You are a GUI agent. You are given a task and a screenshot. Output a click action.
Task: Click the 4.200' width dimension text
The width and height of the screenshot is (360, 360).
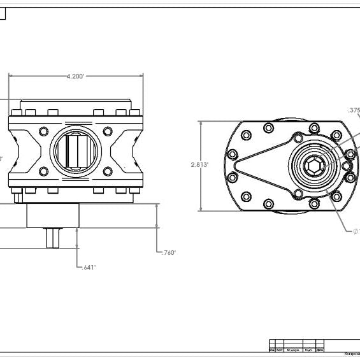tap(76, 76)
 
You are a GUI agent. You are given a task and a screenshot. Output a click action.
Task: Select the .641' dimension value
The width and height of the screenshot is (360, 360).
tap(89, 267)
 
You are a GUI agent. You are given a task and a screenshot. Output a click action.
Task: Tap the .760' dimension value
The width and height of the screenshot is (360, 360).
tap(167, 252)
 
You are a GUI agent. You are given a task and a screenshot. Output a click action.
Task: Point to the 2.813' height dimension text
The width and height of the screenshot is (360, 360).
tap(199, 164)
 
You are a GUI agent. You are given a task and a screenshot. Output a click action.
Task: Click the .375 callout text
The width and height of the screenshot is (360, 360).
tap(354, 110)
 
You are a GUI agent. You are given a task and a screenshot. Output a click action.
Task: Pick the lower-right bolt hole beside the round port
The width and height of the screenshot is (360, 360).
tap(108, 171)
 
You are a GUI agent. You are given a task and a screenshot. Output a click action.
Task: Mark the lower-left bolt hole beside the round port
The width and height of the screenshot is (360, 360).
tap(43, 171)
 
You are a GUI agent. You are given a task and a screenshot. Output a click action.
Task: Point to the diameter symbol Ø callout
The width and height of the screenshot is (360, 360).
tap(356, 231)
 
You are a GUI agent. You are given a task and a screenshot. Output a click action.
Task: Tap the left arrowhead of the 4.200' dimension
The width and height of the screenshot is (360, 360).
tap(11, 76)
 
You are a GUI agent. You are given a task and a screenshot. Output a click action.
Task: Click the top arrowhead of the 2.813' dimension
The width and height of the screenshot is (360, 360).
tap(201, 122)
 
